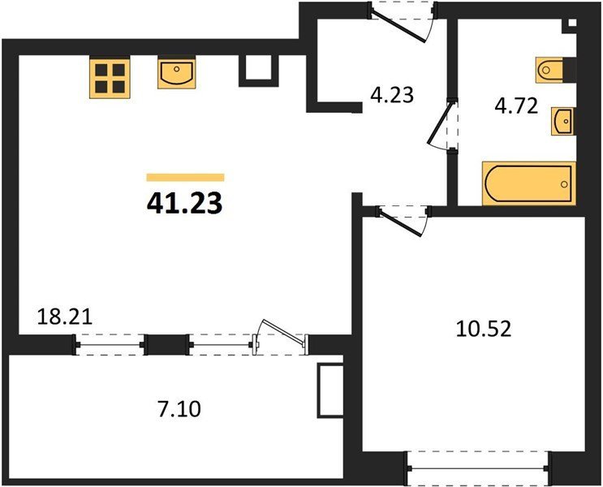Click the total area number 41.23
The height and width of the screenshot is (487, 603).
pyautogui.click(x=184, y=203)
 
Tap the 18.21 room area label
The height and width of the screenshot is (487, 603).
pyautogui.click(x=65, y=317)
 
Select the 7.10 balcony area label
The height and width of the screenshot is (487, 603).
pyautogui.click(x=179, y=408)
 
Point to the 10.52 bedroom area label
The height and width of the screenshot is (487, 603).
pyautogui.click(x=484, y=329)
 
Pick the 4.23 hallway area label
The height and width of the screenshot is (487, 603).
pyautogui.click(x=392, y=95)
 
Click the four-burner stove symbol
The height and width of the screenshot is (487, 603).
pyautogui.click(x=110, y=77)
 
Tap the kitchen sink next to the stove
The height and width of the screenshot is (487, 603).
pyautogui.click(x=176, y=74)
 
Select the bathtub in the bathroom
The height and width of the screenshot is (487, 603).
pyautogui.click(x=529, y=183)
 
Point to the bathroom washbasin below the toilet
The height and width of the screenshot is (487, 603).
pyautogui.click(x=562, y=122)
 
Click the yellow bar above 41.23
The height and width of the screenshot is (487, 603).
pyautogui.click(x=185, y=177)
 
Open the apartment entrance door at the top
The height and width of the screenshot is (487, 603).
pyautogui.click(x=402, y=22)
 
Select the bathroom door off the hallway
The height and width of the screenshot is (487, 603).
pyautogui.click(x=442, y=124)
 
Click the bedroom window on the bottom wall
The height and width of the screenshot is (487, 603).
pyautogui.click(x=480, y=468)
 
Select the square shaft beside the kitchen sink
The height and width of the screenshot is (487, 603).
pyautogui.click(x=258, y=71)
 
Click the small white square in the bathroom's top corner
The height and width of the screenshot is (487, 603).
pyautogui.click(x=572, y=23)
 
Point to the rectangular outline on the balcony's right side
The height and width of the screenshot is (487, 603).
pyautogui.click(x=330, y=390)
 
